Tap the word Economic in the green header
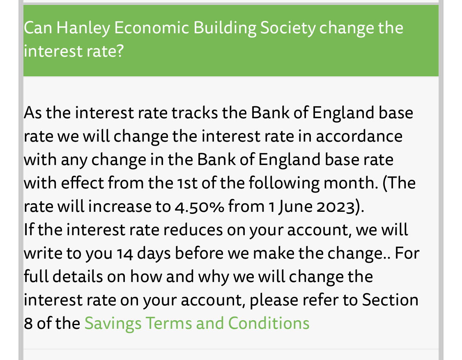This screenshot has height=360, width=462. [x=152, y=28]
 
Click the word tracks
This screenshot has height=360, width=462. [x=195, y=113]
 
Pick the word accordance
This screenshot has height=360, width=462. [x=359, y=136]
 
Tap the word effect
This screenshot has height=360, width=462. [x=82, y=183]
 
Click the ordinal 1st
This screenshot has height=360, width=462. [x=187, y=183]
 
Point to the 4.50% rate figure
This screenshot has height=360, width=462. [x=200, y=206]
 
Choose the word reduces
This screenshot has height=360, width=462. [x=193, y=230]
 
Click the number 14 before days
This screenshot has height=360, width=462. [x=124, y=254]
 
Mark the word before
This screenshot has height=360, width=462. [x=199, y=253]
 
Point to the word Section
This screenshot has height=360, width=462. [x=390, y=300]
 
